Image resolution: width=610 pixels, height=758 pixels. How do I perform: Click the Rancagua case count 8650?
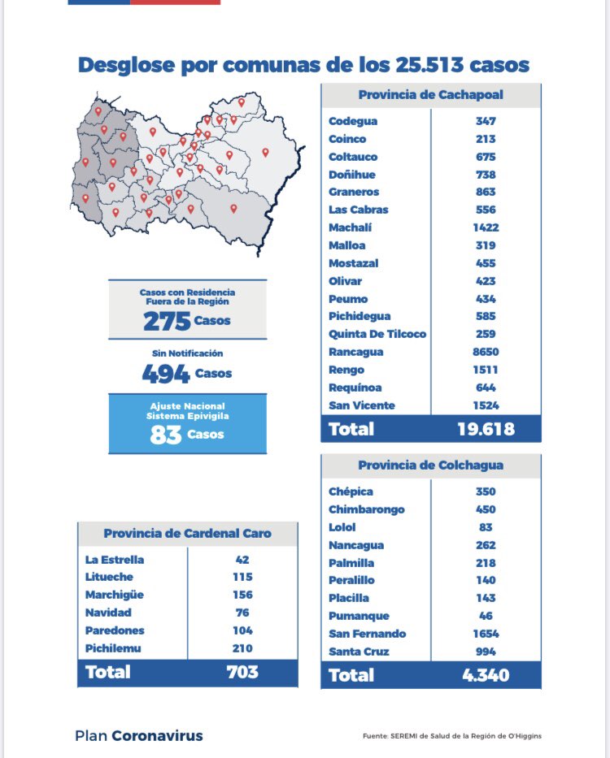coord(486,352)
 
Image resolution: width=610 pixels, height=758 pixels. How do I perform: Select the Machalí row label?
coord(348,227)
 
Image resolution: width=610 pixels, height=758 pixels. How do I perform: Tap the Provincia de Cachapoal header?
coord(430,94)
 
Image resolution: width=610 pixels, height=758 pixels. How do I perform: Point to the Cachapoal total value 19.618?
coord(486,429)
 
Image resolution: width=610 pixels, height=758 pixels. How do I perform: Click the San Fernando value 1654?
coord(486,634)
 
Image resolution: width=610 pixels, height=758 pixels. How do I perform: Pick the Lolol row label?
coord(342,527)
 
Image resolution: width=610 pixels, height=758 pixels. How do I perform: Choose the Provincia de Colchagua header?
coord(430,466)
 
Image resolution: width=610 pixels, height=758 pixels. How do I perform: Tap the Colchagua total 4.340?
coord(486,675)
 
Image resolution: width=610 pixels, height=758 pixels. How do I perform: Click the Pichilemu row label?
coord(113,648)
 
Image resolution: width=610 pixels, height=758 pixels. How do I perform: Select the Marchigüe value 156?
coord(242,595)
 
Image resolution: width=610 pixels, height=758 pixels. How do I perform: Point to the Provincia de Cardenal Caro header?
coord(187,534)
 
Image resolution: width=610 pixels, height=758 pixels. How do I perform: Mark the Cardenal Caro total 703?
coord(242,672)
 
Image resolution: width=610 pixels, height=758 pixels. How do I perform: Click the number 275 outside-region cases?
coord(167,322)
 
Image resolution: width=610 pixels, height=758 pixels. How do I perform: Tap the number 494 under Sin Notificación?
coord(166,375)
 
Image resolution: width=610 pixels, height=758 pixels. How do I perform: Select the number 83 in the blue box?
coord(165,435)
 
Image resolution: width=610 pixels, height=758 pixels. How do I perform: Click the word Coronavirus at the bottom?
coord(157,736)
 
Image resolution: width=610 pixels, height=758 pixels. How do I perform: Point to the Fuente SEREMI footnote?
coord(451,737)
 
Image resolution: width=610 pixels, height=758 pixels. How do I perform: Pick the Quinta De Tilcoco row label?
coord(377,334)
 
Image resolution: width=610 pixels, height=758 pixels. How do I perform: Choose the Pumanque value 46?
coord(486,616)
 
